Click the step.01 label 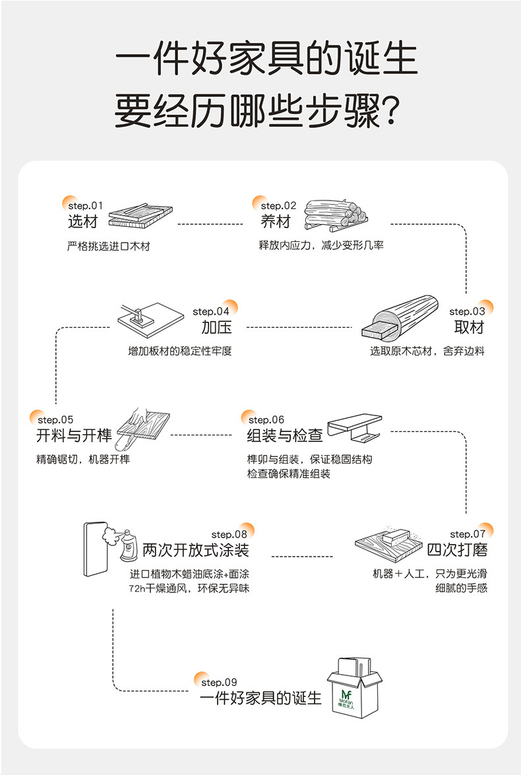86,205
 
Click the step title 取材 469,327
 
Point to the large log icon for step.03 400,319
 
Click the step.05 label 55,419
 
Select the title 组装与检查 284,435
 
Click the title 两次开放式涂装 196,550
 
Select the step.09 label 219,682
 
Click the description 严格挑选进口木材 109,246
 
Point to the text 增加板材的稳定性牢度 179,351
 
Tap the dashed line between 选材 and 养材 211,224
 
